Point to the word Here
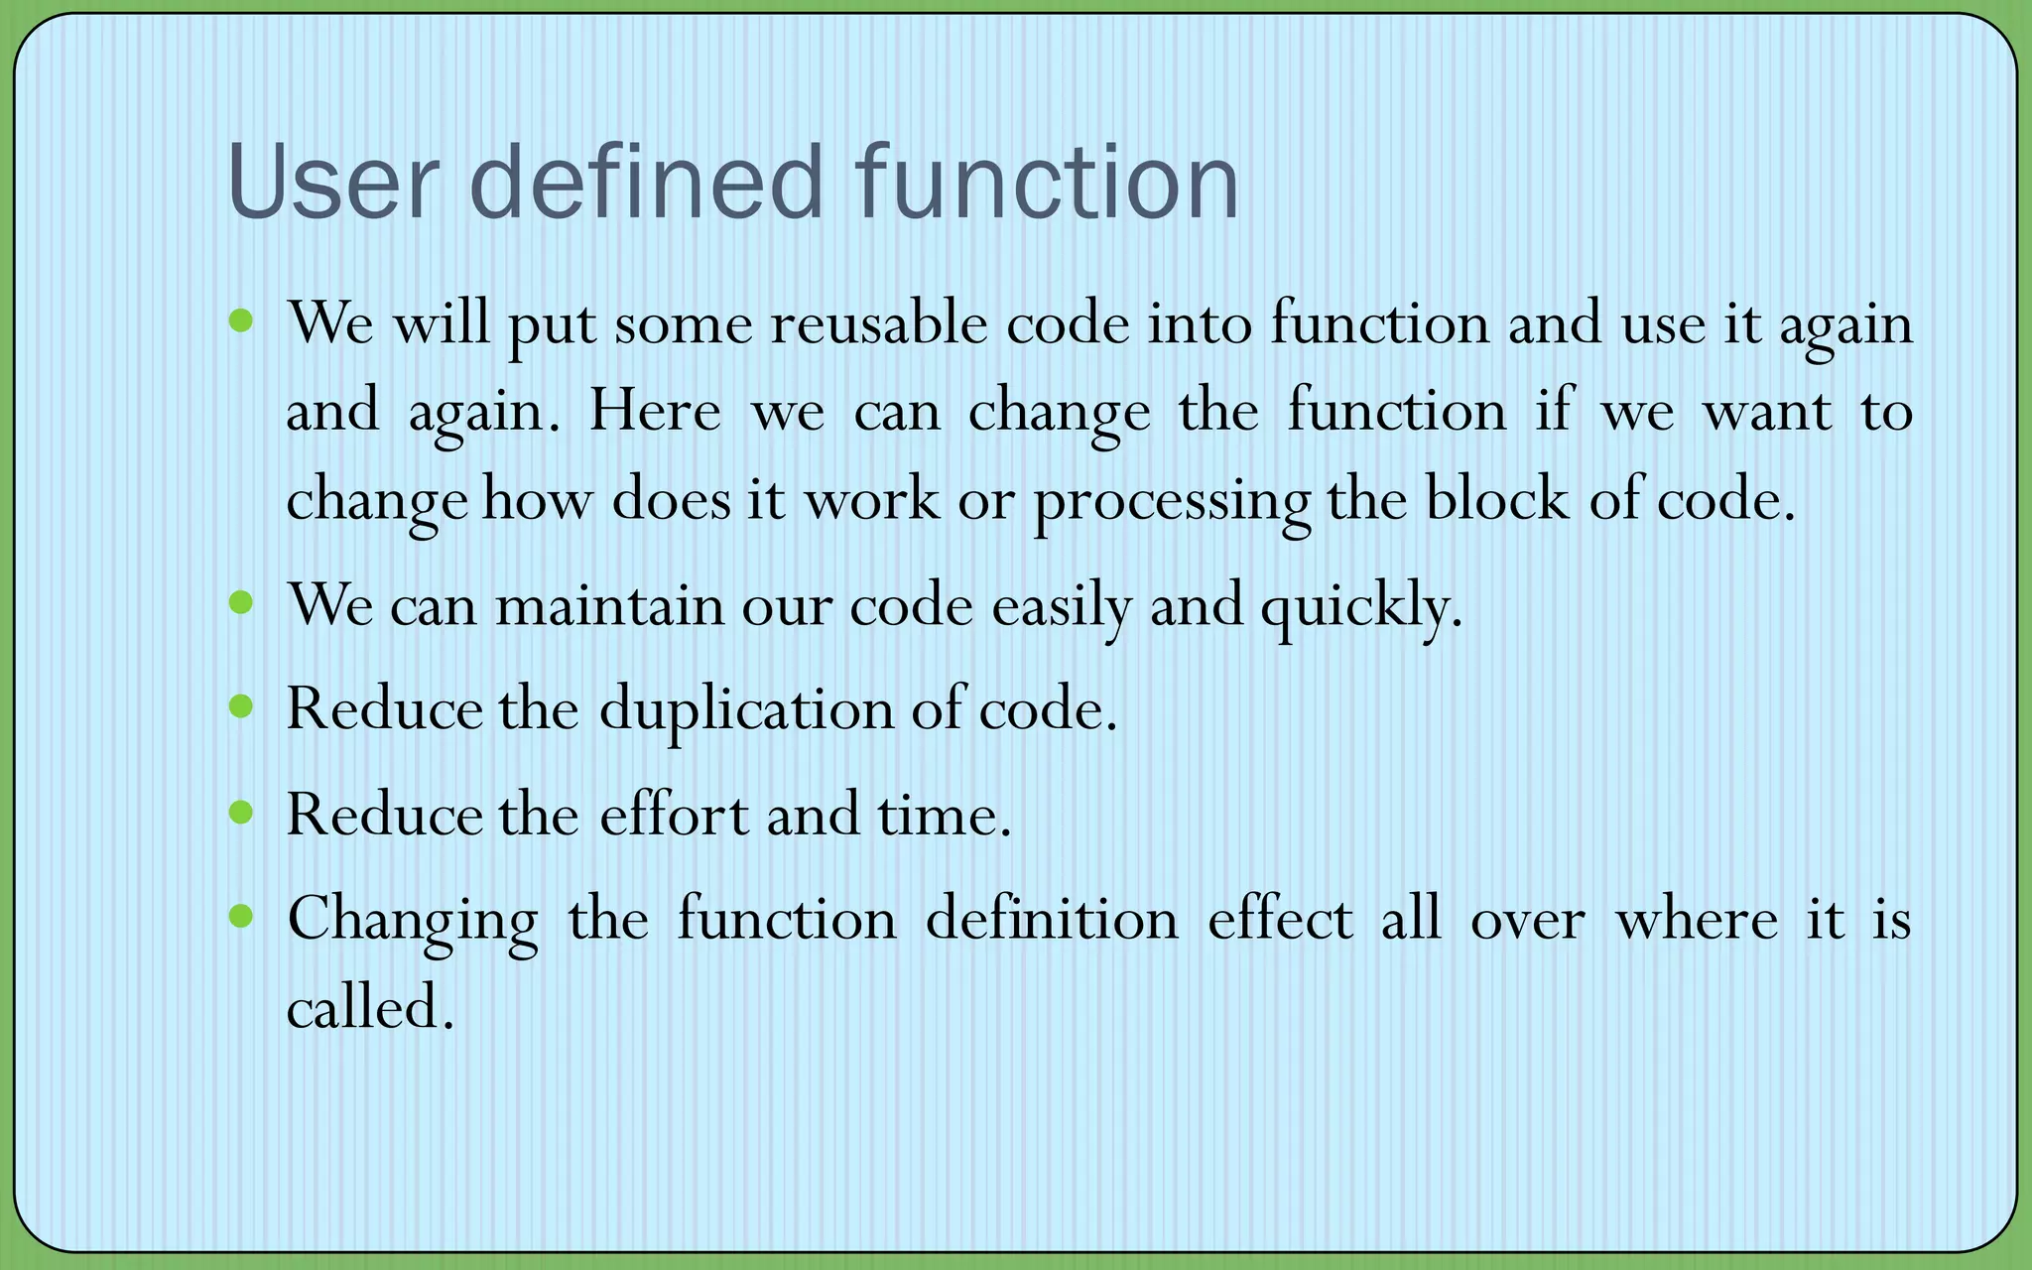(x=655, y=411)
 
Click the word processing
(x=1172, y=500)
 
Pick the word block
(x=1496, y=498)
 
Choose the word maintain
(x=609, y=604)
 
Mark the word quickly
(x=1361, y=605)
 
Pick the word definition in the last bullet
(x=1052, y=919)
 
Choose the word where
(x=1696, y=919)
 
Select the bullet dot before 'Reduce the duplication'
(x=241, y=706)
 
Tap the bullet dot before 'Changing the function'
(x=241, y=915)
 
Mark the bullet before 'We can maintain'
(x=241, y=601)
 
